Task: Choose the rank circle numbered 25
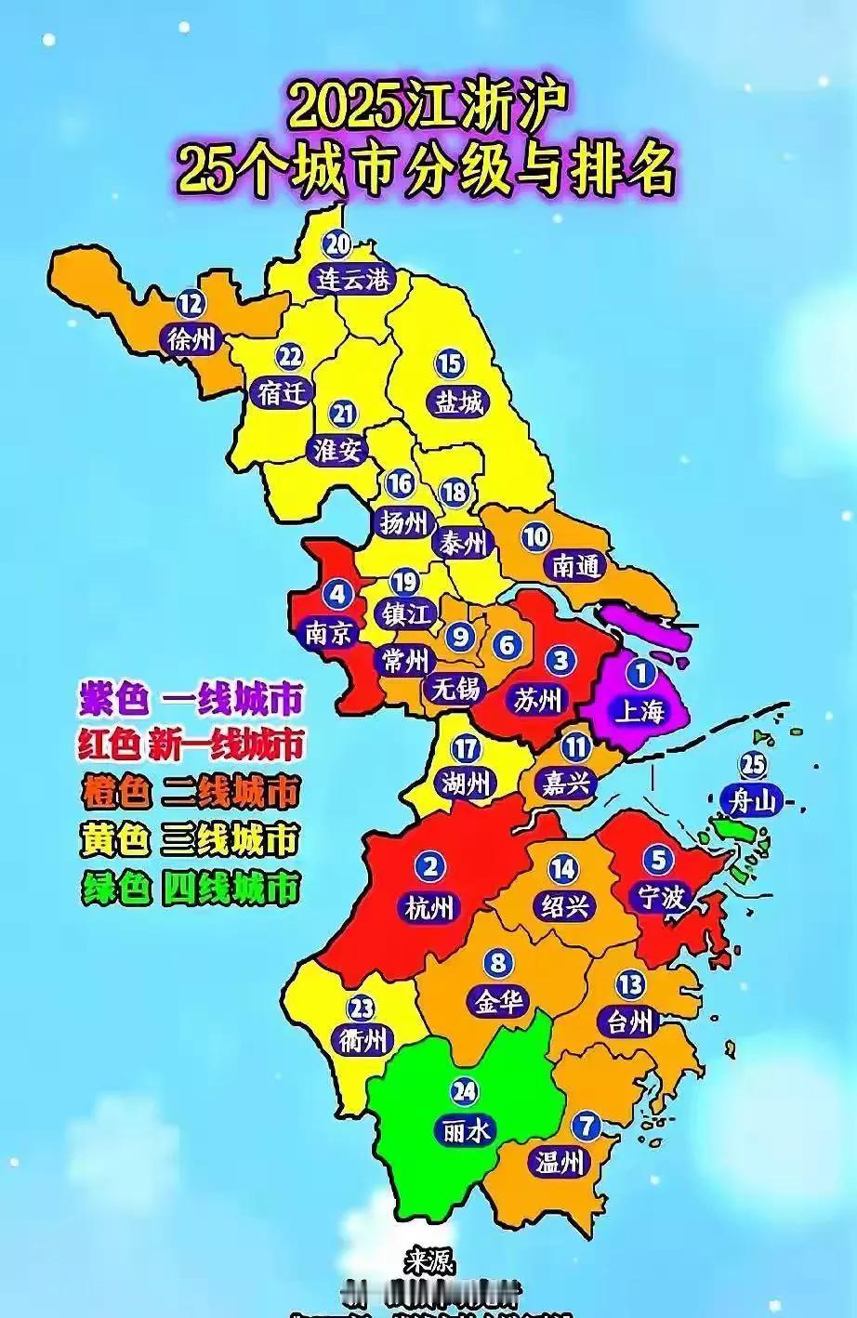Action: click(x=752, y=765)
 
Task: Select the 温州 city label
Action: click(x=560, y=1161)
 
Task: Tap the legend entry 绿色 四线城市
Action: click(x=191, y=890)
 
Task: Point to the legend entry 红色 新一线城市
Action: click(x=191, y=745)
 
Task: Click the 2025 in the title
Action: click(x=345, y=110)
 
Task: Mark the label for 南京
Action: click(x=330, y=633)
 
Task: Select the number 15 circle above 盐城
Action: click(x=450, y=363)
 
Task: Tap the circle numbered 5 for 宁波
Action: click(x=658, y=860)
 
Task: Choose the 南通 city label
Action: click(x=575, y=565)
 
